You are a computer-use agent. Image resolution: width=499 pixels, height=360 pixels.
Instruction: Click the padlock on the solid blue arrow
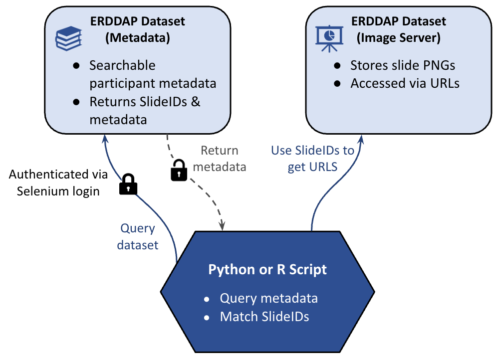coord(128,184)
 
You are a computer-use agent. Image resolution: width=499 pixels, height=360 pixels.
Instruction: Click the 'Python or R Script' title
coord(267,270)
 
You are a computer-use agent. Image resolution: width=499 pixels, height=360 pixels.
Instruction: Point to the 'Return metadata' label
coord(219,159)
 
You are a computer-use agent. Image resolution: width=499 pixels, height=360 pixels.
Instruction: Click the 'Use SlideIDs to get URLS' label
coord(312,158)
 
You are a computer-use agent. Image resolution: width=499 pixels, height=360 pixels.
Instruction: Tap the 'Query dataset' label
coord(138,236)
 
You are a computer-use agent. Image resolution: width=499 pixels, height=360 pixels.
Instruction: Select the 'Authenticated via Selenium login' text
coord(58,182)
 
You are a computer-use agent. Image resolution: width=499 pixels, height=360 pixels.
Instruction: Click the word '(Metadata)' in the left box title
coord(137,38)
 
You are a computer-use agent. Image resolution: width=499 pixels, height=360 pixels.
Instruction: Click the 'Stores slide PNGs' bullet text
coord(403,65)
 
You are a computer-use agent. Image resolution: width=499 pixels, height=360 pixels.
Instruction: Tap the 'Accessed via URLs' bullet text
coord(405,83)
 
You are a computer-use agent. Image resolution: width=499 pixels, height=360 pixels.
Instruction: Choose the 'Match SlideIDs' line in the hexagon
coord(264,316)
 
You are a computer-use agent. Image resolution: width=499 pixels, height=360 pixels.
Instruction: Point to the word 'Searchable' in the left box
coord(115,65)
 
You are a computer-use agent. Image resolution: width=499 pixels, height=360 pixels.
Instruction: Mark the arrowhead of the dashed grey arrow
coord(222,227)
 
